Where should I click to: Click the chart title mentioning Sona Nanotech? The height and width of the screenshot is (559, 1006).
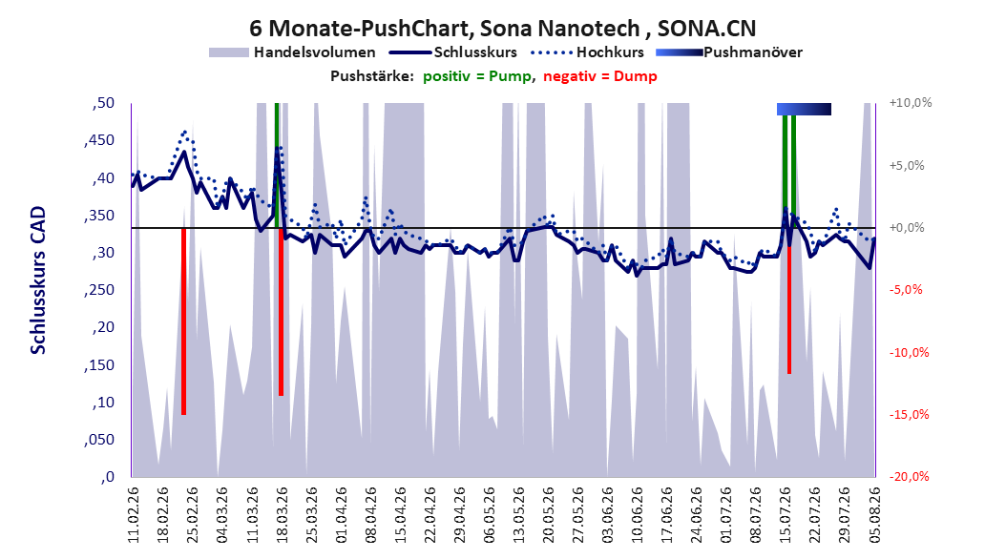(x=502, y=29)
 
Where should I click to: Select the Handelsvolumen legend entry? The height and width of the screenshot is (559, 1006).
(x=293, y=52)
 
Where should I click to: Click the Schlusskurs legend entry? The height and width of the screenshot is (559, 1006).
(x=453, y=52)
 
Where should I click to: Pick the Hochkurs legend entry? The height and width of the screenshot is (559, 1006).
(x=588, y=52)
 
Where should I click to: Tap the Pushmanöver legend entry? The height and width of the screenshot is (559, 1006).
(x=729, y=52)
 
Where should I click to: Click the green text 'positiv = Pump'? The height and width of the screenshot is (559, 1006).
(x=477, y=76)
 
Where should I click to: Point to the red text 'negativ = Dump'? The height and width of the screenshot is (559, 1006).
(x=600, y=76)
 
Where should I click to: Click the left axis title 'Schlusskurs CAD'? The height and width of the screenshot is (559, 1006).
(x=38, y=280)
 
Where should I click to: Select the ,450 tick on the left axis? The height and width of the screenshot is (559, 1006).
(x=99, y=140)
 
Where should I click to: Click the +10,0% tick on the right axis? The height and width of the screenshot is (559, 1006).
(x=912, y=103)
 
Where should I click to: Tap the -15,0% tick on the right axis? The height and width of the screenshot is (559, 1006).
(x=909, y=415)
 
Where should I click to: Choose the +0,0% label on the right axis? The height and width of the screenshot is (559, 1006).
(x=907, y=228)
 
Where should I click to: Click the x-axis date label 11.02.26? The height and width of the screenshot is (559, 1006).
(x=134, y=515)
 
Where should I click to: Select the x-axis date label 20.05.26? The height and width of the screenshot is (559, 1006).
(x=549, y=515)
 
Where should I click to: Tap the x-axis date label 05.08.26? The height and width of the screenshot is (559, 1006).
(x=874, y=515)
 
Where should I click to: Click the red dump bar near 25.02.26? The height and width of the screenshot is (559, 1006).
(x=183, y=321)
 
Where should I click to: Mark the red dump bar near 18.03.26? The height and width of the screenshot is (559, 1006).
(x=281, y=312)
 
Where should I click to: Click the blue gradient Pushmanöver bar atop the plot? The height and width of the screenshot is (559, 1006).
(x=804, y=109)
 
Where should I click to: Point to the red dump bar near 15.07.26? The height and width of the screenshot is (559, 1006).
(x=789, y=300)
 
